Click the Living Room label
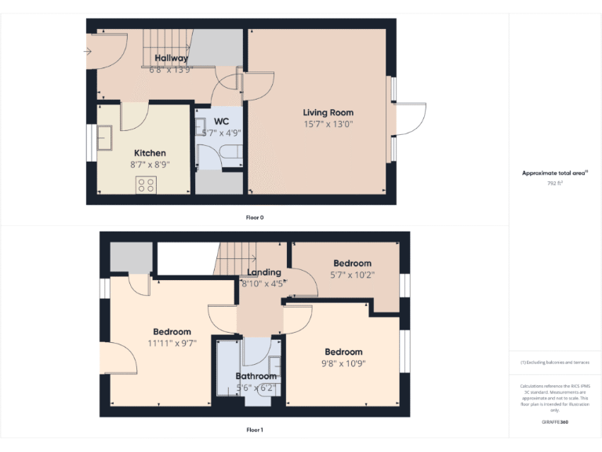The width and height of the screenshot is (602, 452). click(x=328, y=113)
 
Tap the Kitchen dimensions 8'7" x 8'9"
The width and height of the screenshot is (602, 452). click(x=149, y=164)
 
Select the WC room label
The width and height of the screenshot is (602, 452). click(x=221, y=122)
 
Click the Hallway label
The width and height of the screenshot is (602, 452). click(x=171, y=59)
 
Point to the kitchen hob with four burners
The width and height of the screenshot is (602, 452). click(x=146, y=185)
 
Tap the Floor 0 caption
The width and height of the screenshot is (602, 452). click(x=254, y=217)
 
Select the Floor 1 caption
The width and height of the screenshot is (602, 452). click(x=254, y=430)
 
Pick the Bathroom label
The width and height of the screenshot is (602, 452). click(x=256, y=377)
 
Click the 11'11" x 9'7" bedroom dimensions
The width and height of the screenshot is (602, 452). click(x=172, y=343)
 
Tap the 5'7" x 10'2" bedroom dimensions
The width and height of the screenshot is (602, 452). click(x=352, y=275)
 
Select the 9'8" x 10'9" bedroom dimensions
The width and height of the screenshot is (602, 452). click(x=343, y=363)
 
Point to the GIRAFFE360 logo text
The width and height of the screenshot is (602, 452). click(x=555, y=422)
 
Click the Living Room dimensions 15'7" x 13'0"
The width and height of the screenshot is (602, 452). click(x=328, y=124)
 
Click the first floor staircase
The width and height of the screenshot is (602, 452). click(x=238, y=255)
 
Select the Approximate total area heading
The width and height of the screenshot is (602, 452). click(x=554, y=173)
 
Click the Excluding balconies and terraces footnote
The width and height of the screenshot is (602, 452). click(x=555, y=363)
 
